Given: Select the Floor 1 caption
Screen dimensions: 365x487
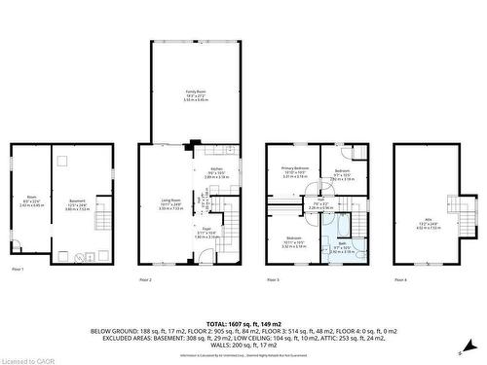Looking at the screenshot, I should coord(18,270).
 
